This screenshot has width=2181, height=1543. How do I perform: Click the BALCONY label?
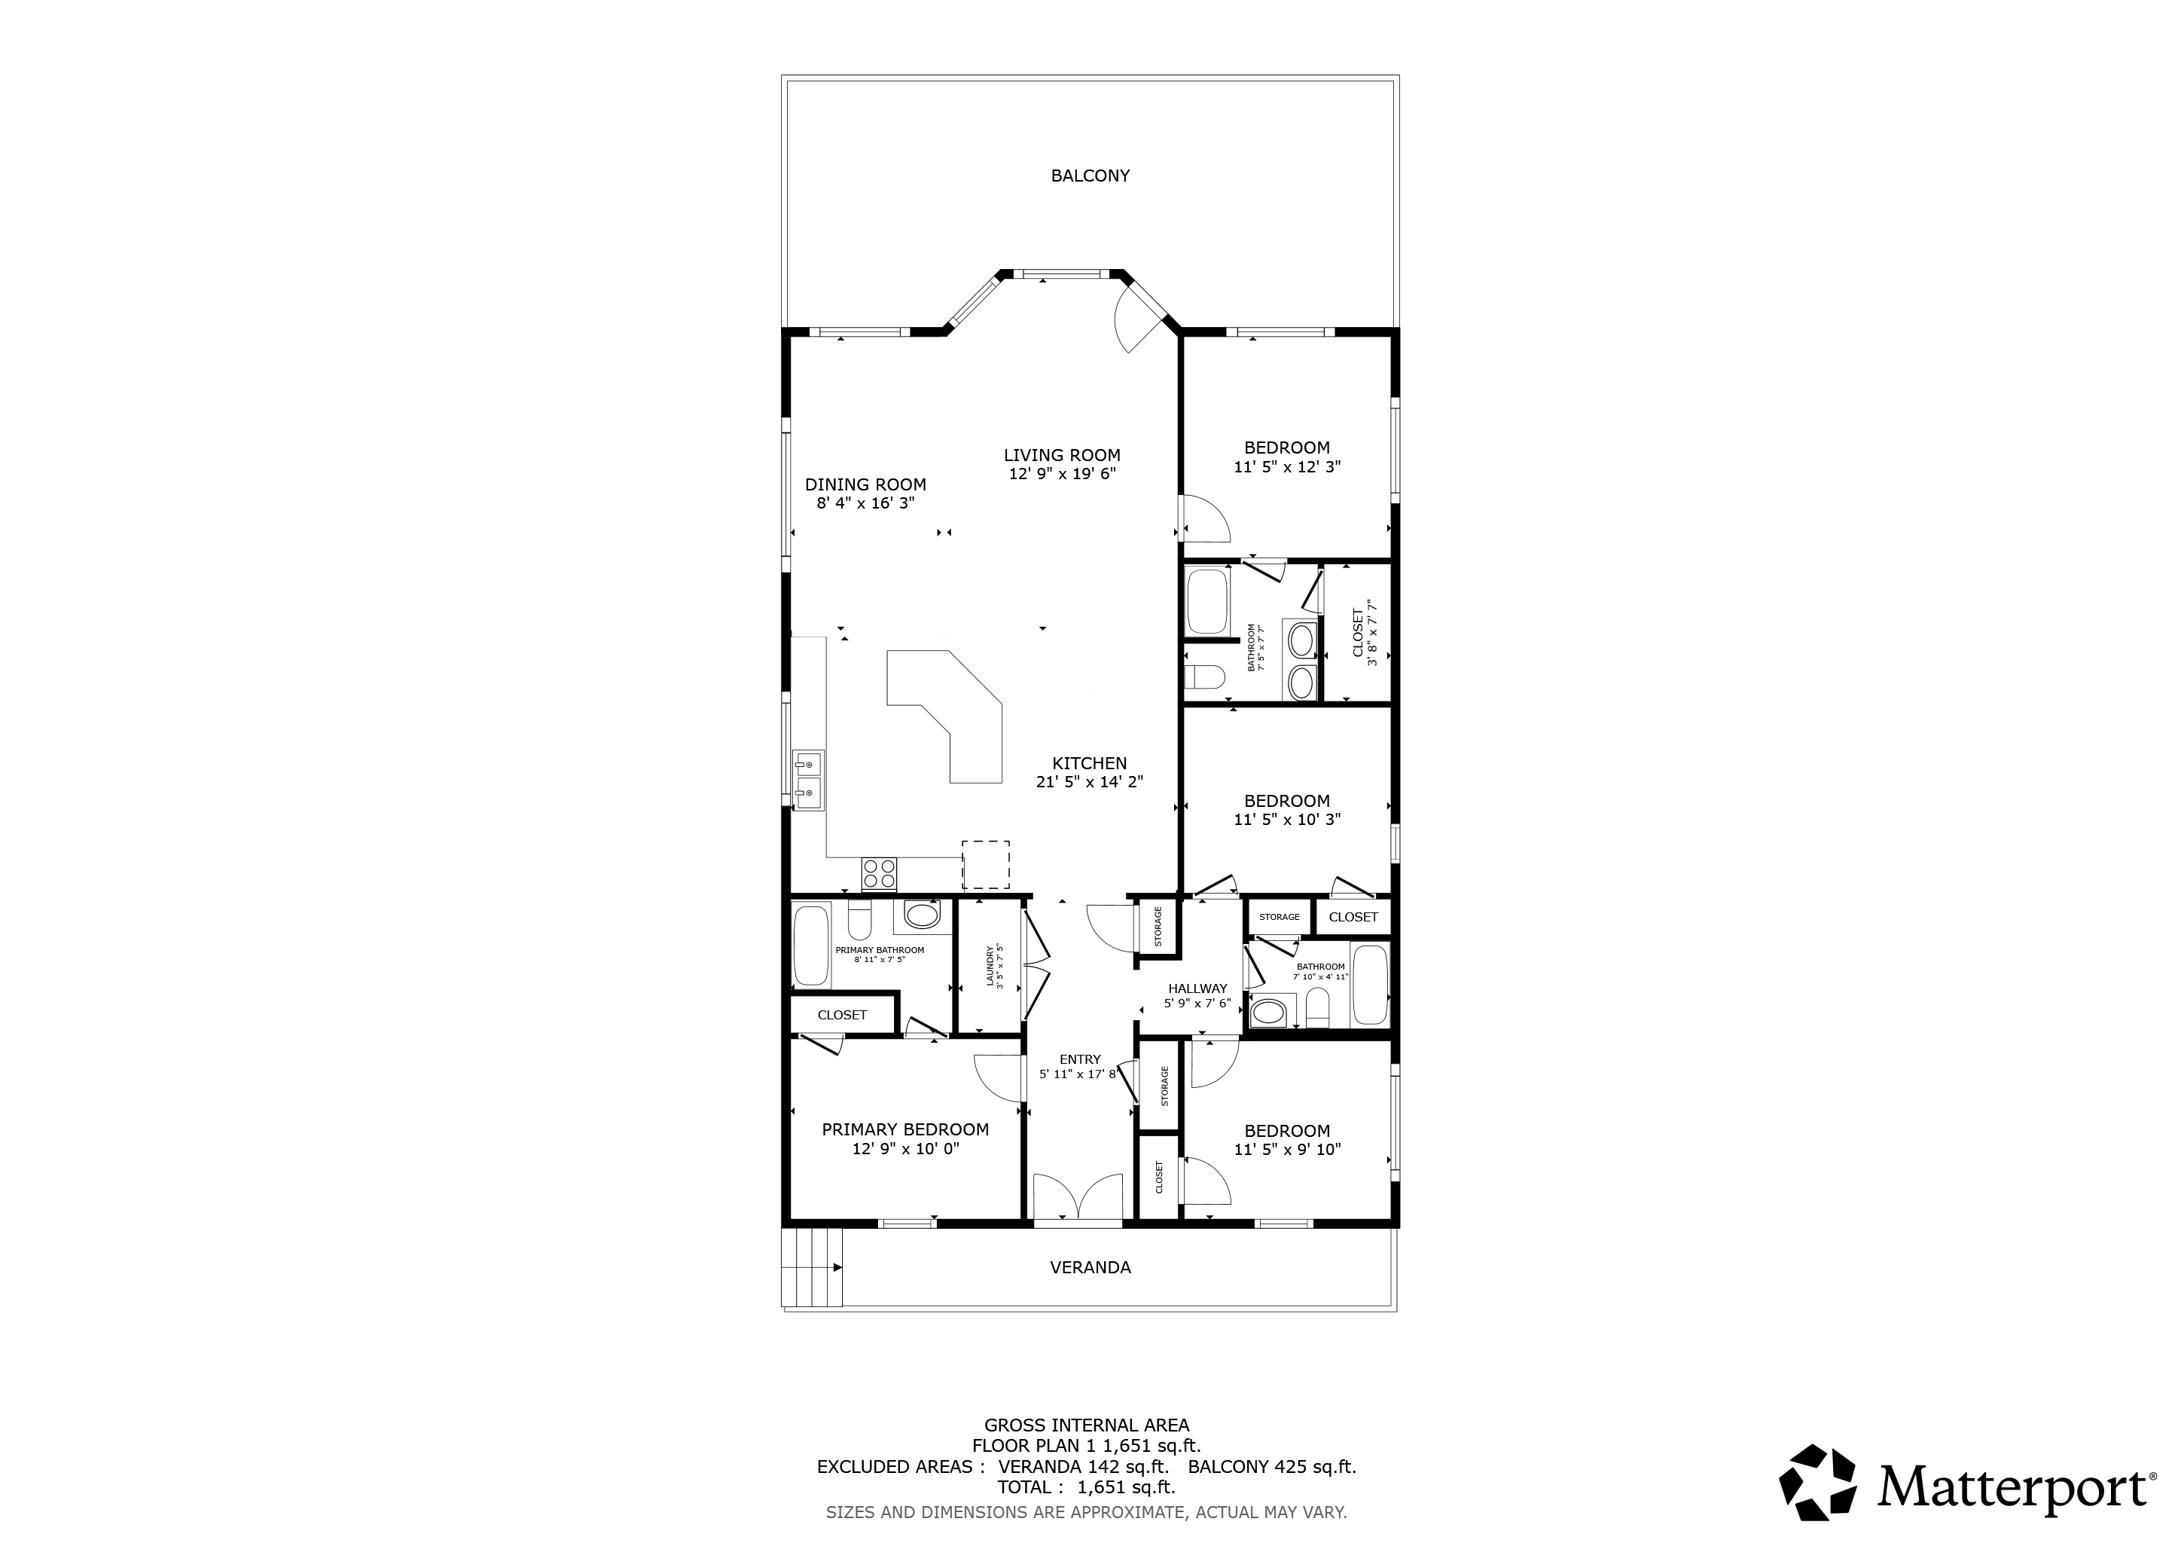coord(1090,176)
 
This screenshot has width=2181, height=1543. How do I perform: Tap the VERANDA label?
coord(1090,1267)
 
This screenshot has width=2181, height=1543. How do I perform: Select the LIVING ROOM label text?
coord(1062,455)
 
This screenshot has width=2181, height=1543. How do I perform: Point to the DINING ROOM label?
coord(865,484)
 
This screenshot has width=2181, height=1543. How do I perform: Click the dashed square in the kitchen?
coord(986,865)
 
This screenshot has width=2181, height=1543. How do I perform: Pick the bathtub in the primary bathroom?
coord(811,946)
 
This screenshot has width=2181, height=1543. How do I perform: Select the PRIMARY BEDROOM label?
coord(905,1129)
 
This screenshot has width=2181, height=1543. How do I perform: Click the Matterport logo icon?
coord(1817,1490)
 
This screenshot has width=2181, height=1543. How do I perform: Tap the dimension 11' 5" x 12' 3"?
coord(1287,467)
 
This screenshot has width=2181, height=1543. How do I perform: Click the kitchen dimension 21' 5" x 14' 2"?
coord(1090,783)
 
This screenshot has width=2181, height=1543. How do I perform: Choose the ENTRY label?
coord(1080,1059)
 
